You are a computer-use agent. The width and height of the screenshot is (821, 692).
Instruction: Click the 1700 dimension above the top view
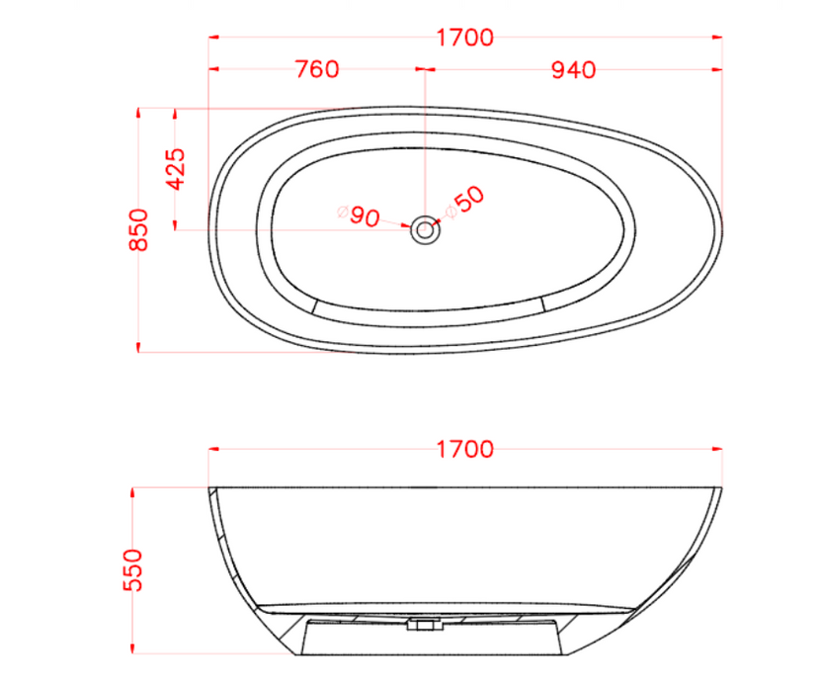(465, 38)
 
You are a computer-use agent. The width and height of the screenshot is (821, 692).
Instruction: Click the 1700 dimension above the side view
(465, 450)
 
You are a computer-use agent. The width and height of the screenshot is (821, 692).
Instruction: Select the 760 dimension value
(317, 69)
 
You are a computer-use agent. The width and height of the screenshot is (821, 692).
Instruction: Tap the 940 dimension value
(574, 69)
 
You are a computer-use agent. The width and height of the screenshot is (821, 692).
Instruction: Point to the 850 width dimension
(139, 230)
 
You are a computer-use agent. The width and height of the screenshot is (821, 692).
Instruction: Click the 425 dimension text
(176, 169)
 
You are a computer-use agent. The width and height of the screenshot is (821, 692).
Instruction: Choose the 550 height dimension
(133, 570)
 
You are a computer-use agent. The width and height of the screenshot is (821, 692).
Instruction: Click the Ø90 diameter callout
(360, 216)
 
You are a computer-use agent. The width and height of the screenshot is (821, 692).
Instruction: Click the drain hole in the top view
(425, 230)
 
